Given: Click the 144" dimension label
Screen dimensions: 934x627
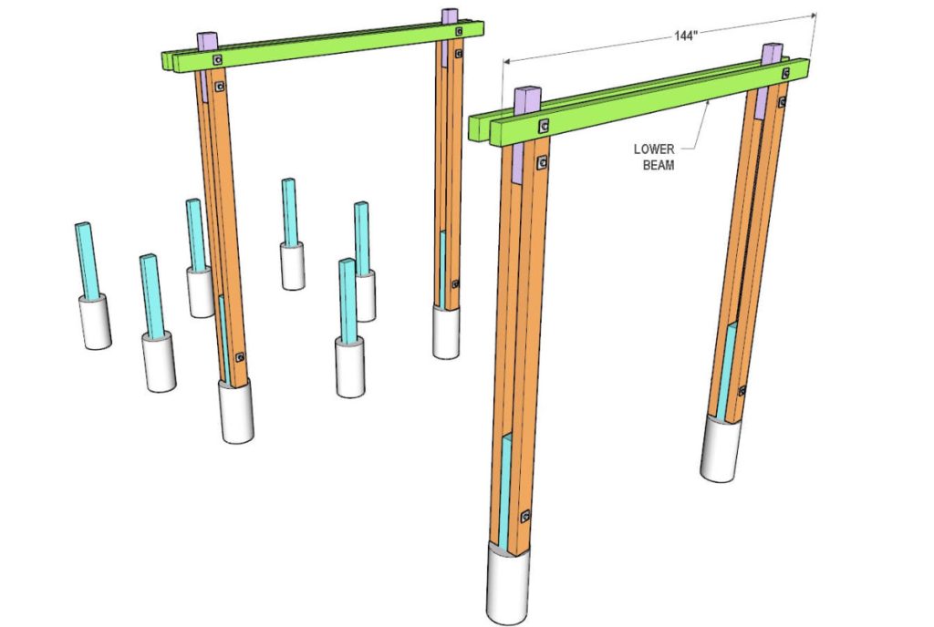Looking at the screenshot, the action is (x=685, y=36).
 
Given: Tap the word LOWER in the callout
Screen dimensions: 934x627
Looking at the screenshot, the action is (x=654, y=149).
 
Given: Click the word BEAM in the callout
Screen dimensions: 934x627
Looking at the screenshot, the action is (x=659, y=165).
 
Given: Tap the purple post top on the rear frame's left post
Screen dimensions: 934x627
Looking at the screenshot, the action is (x=207, y=42).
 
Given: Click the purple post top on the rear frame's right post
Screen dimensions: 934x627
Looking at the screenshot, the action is (x=450, y=16).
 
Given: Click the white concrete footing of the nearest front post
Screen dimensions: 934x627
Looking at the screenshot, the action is (x=507, y=583).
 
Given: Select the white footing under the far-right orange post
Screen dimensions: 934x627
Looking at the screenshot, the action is (x=721, y=448).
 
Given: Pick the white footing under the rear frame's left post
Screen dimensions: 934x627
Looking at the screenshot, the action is (x=236, y=412).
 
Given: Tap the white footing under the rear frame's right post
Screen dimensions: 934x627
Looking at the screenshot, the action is (x=446, y=333).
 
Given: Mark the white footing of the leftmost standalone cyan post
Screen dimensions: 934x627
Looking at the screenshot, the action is (x=95, y=321).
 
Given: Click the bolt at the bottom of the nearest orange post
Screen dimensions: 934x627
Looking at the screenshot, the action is (x=525, y=516).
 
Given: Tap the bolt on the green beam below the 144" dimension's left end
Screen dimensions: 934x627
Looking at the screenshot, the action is (x=544, y=126).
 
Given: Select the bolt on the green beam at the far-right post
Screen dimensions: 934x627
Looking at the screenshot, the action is (x=786, y=73).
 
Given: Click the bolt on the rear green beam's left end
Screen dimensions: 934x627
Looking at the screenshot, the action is (x=217, y=60).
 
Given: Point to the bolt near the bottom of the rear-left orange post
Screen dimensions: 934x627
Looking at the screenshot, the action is (x=240, y=357).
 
